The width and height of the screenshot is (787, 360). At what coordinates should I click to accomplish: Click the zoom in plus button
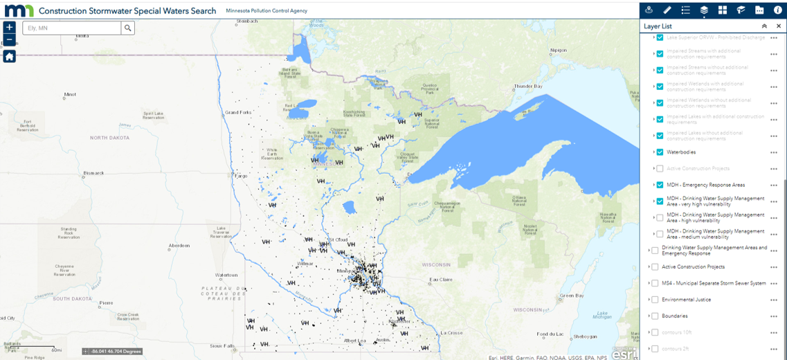(9, 28)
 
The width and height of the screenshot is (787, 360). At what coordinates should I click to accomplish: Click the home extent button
(9, 56)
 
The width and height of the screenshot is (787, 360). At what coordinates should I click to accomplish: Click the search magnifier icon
(127, 28)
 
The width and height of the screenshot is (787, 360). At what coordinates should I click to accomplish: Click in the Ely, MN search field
(72, 28)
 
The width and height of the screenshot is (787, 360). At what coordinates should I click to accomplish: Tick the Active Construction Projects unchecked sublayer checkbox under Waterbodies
(660, 168)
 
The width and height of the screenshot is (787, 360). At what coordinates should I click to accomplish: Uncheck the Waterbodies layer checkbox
(660, 152)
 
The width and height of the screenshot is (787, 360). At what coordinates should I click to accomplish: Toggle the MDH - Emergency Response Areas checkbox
(660, 185)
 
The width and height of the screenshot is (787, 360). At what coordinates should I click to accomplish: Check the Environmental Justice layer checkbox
(655, 300)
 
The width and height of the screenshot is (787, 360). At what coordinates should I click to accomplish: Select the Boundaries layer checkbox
(655, 316)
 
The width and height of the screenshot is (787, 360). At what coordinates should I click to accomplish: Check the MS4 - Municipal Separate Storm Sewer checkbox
(655, 283)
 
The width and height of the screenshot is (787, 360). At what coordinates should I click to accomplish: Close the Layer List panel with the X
(779, 26)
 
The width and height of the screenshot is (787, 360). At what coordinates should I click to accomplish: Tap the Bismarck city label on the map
(93, 173)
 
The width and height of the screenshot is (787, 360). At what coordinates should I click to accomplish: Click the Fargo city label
(241, 176)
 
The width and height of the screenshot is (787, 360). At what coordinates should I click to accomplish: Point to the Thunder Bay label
(527, 87)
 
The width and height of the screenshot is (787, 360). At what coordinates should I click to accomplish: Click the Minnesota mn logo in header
(19, 10)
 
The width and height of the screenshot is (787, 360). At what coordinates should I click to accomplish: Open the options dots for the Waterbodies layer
(774, 152)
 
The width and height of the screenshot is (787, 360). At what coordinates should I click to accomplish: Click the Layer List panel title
(658, 26)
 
